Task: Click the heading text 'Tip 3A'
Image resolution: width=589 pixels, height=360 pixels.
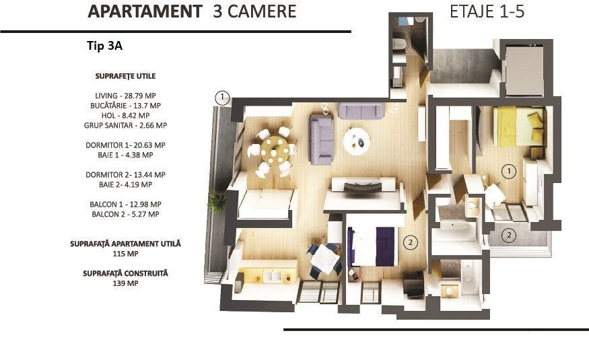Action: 105,46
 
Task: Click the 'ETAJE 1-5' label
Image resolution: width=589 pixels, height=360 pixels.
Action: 487,11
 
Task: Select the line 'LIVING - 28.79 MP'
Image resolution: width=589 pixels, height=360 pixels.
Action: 125,96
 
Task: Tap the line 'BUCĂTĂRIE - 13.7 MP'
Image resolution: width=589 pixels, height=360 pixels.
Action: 125,106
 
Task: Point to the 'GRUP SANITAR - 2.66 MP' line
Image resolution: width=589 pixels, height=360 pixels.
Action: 125,125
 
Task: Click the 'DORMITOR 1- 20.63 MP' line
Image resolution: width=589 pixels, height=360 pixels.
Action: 125,145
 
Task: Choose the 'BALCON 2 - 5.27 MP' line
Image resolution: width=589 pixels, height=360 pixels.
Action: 125,214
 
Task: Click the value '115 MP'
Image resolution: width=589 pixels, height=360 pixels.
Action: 125,254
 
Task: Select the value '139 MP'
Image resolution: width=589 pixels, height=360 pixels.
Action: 125,283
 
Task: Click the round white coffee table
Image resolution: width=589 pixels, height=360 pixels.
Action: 357,141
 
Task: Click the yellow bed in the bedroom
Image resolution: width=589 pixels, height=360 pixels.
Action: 518,126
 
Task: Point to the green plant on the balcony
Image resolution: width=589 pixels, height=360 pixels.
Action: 216,202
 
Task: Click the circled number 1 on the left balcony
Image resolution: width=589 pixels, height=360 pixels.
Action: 222,98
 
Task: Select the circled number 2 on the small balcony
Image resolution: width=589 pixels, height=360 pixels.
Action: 509,236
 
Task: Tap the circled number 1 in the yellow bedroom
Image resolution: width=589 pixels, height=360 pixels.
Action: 509,172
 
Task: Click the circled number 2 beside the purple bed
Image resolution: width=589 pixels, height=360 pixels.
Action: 410,242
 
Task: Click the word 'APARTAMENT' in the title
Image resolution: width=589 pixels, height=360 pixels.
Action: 145,11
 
